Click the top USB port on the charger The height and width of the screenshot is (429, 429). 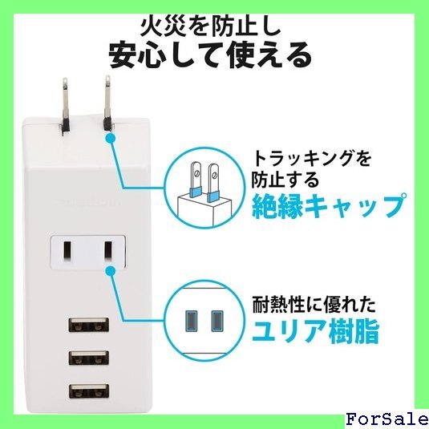[x=89, y=325]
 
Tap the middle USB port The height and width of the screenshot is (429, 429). [x=89, y=358]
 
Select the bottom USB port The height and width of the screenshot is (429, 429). [x=89, y=391]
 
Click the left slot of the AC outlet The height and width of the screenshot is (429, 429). [x=67, y=251]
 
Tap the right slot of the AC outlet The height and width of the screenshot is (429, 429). [x=108, y=251]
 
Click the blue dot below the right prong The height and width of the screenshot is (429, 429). [x=111, y=138]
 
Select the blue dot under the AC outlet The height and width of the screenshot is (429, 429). [x=111, y=271]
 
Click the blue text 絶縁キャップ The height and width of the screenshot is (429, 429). [x=329, y=206]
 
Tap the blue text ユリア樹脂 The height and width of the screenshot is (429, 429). [x=315, y=332]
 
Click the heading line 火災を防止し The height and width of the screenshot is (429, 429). [x=211, y=26]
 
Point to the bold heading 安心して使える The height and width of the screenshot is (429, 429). [x=210, y=55]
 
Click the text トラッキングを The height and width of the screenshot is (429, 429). [x=312, y=159]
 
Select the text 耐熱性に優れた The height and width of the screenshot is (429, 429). [x=314, y=305]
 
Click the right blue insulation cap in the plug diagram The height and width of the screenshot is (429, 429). [x=212, y=196]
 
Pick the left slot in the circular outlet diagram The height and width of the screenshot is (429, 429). [x=191, y=321]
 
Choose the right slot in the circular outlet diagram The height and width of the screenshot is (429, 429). [x=217, y=321]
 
